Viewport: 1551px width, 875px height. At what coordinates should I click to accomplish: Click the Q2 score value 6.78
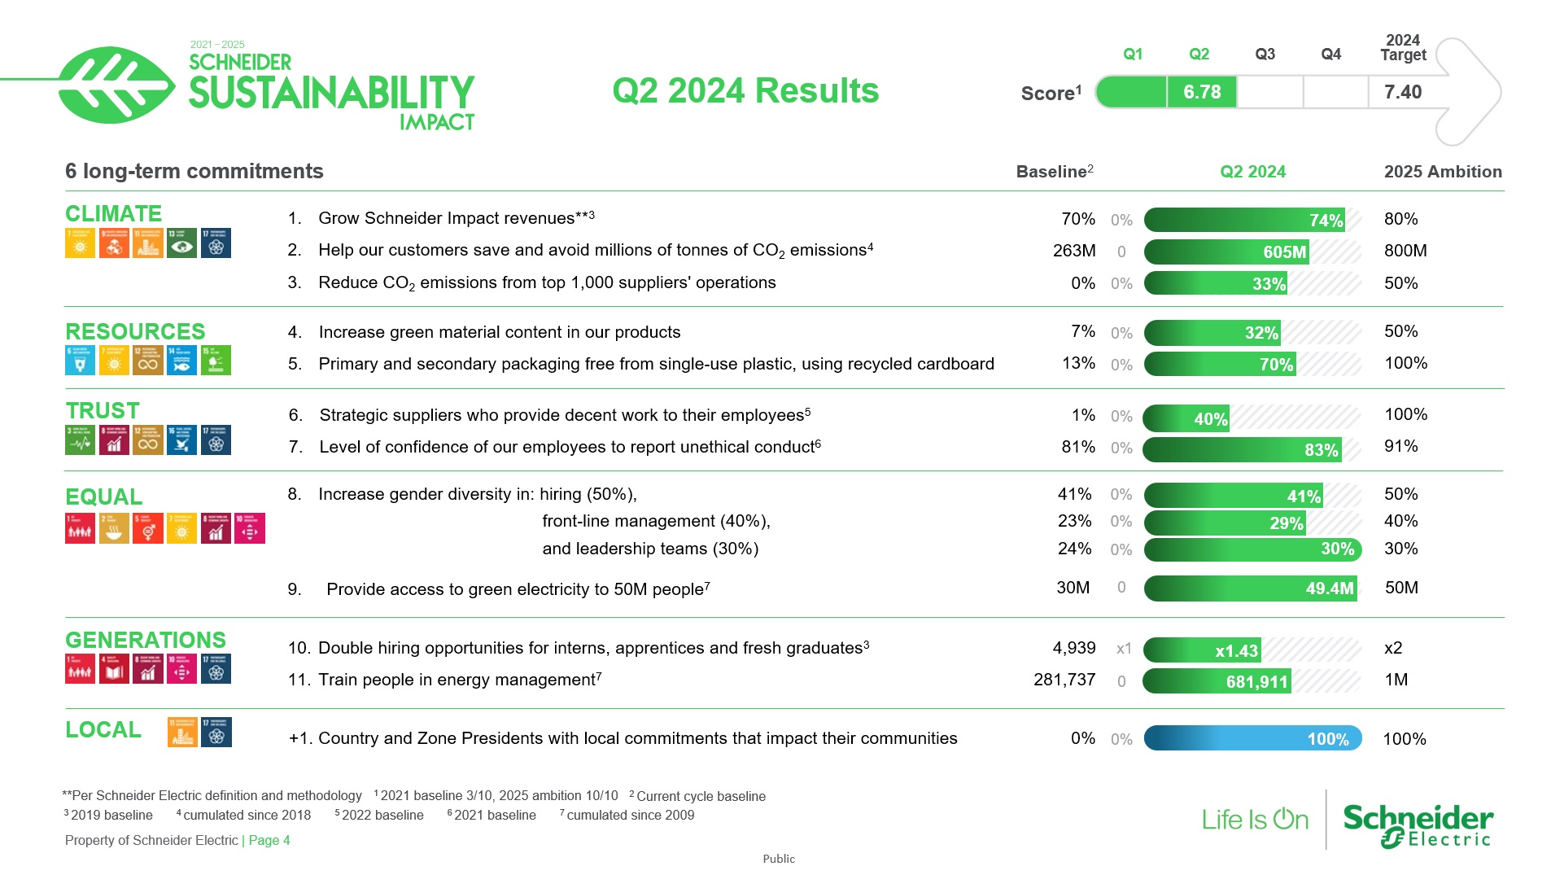point(1201,92)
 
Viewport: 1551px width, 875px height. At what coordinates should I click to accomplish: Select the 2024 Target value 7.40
point(1403,92)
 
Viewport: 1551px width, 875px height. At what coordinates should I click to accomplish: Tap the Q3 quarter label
point(1265,54)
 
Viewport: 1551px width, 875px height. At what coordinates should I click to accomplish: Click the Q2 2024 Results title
point(745,90)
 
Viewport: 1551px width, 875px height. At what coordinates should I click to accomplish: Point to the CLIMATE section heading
point(113,213)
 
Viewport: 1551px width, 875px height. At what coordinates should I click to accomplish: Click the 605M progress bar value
point(1283,252)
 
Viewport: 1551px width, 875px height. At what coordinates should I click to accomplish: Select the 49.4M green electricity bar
point(1252,588)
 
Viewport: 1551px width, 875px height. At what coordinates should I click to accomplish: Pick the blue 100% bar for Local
point(1252,738)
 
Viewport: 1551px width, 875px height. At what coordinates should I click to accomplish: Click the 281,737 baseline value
point(1064,680)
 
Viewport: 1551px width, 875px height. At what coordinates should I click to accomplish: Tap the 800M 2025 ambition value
point(1405,251)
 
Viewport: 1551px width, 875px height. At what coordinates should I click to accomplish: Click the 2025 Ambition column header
point(1442,172)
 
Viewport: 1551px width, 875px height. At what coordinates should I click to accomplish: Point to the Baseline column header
point(1053,172)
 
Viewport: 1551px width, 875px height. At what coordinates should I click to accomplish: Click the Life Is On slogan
point(1254,819)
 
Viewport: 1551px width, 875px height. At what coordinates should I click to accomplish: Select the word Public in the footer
point(778,859)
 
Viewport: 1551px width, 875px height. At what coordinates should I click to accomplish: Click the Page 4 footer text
point(269,840)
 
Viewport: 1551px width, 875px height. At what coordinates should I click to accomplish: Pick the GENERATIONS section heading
point(146,640)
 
